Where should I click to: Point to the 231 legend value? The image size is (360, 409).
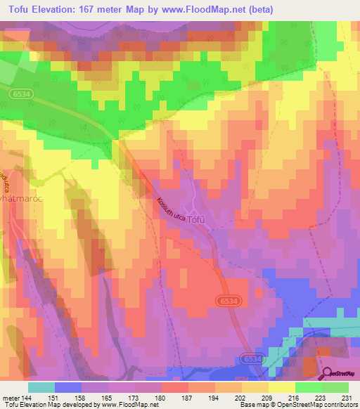click(347, 397)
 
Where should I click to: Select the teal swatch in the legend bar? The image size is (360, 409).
click(41, 387)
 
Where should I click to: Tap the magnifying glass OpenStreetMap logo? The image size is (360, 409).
click(328, 374)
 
